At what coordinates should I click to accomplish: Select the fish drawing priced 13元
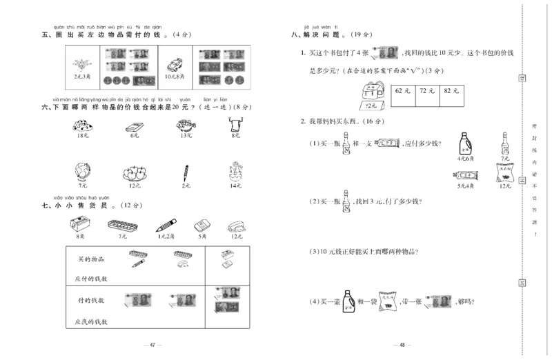click(x=186, y=126)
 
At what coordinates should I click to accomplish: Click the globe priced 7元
click(x=83, y=172)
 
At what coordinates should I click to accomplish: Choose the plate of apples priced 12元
click(x=134, y=172)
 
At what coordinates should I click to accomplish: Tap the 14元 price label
click(x=236, y=186)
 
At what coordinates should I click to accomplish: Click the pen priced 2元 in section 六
click(x=186, y=172)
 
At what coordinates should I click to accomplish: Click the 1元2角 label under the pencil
click(x=166, y=236)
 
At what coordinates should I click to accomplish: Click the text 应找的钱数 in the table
click(x=90, y=322)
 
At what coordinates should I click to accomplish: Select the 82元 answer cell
click(x=452, y=91)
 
